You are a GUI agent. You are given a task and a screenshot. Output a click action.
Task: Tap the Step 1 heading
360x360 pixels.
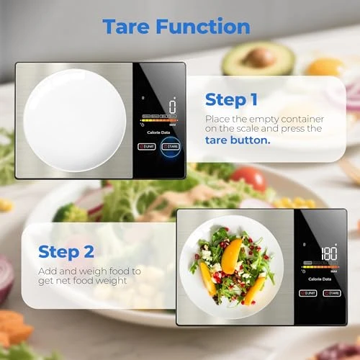(231, 99)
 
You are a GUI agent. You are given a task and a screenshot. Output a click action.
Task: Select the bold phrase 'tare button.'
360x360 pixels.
(237, 140)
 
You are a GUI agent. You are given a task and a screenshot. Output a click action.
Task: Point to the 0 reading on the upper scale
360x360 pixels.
(172, 107)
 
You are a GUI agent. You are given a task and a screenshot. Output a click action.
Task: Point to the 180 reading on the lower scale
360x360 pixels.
(329, 253)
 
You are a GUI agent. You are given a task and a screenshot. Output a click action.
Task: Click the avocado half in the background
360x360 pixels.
(257, 59)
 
